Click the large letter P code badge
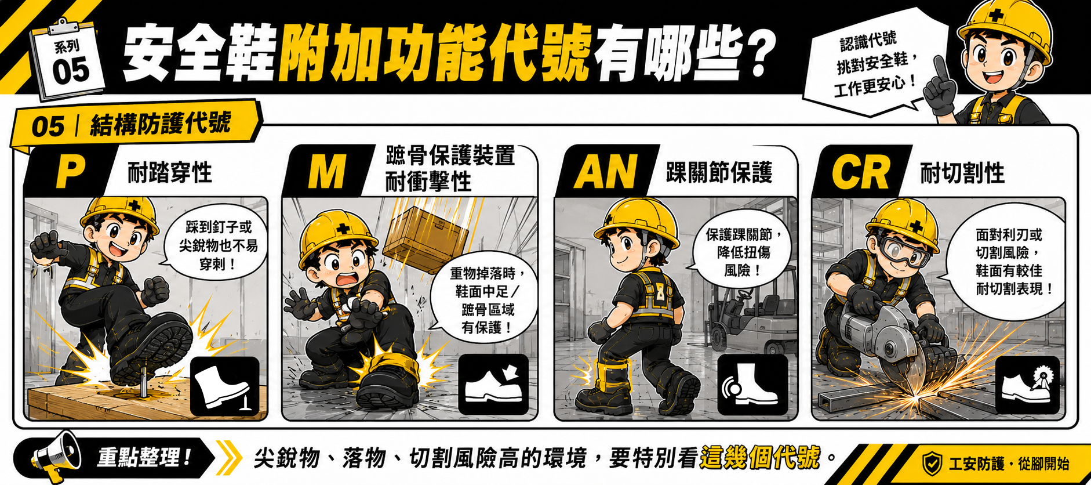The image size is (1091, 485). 70,172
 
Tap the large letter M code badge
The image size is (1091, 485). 328,172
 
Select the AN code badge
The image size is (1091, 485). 606,172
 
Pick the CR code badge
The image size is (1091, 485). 860,172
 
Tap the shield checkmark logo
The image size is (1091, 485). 932,464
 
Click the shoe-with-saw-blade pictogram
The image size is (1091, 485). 1027,385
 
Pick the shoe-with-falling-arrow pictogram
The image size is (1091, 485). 493,384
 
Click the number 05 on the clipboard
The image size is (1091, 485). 71,71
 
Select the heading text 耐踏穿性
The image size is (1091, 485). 170,173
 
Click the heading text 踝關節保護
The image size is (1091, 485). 719,172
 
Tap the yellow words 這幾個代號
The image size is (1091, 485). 760,458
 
